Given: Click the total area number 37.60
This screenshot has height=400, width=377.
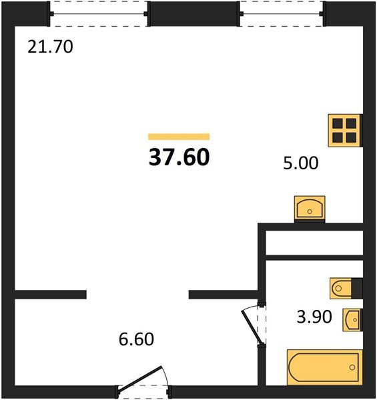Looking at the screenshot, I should click(179, 157).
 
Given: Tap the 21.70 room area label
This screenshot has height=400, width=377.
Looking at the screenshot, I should click(49, 47).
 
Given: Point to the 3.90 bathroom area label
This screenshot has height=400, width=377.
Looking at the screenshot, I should click(313, 317).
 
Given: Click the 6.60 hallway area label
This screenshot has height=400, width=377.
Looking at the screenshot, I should click(135, 339).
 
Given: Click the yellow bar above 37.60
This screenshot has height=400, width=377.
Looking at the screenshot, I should click(179, 136).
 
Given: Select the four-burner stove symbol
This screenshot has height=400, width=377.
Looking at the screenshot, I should click(344, 130).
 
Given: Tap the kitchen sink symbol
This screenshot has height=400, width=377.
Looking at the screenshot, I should click(310, 207).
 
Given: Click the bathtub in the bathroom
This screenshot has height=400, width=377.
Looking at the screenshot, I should click(324, 367).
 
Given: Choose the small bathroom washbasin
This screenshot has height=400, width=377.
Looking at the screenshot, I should click(352, 320).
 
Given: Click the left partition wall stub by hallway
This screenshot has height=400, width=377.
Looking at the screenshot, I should click(51, 294).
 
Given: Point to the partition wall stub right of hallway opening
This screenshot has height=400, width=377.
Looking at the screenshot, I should click(223, 294).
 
